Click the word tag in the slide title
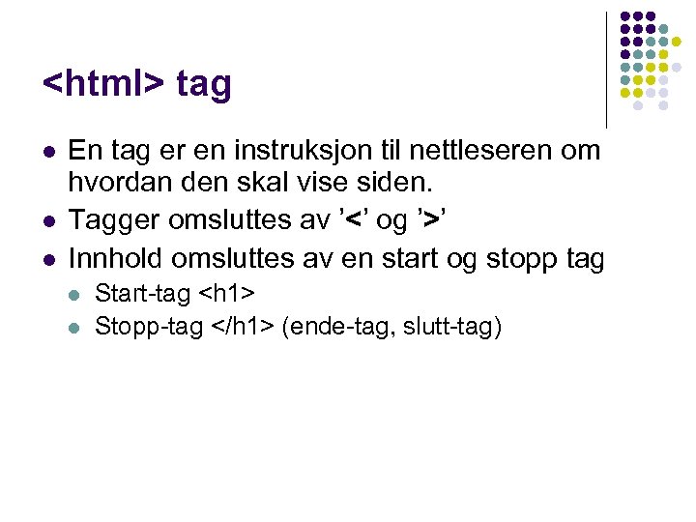205,86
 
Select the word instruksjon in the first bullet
332,151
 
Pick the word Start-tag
142,293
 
